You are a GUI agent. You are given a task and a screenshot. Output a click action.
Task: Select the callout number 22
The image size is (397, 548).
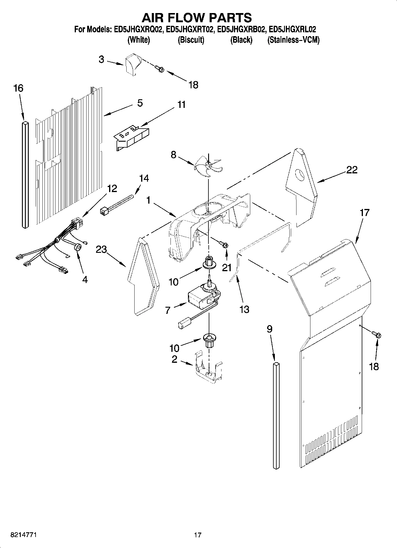coord(352,170)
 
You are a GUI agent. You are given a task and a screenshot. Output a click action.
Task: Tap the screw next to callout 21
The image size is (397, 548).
coord(224,244)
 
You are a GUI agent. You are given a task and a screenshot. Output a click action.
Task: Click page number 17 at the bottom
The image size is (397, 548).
coord(198,535)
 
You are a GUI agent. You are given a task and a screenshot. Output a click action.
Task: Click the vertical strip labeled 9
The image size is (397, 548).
coord(276,415)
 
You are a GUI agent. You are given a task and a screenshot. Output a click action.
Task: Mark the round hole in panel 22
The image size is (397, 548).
coord(300,175)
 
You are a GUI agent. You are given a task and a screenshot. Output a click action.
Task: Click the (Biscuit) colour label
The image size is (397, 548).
coord(191,40)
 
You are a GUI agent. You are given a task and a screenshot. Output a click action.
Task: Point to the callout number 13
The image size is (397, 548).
coord(244,309)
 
